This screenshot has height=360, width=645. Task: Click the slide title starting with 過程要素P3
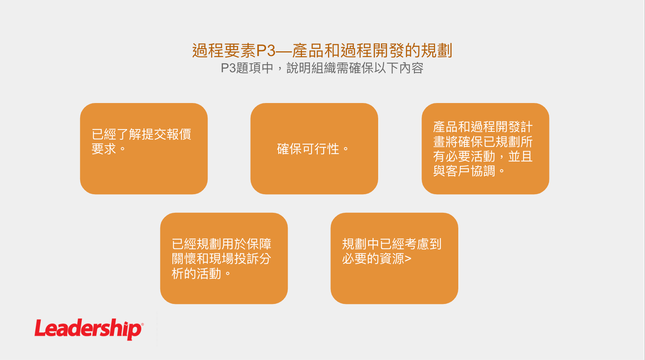point(322,51)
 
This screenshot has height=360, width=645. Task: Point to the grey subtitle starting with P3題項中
point(322,68)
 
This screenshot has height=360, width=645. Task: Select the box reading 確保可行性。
point(314,148)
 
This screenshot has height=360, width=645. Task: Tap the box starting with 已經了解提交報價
point(144,148)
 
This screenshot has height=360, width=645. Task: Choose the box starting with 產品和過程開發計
point(485,148)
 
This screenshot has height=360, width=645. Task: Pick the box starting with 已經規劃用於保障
point(224,258)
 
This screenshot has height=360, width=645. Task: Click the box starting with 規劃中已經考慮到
point(394,258)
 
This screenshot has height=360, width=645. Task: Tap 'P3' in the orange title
point(266,51)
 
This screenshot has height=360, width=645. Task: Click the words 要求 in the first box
point(104,149)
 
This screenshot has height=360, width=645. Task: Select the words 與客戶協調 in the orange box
point(464,171)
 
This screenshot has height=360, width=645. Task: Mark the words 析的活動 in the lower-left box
point(196,274)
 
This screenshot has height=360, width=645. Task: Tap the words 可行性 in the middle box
point(321,149)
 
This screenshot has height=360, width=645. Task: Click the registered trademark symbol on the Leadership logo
point(142,324)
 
